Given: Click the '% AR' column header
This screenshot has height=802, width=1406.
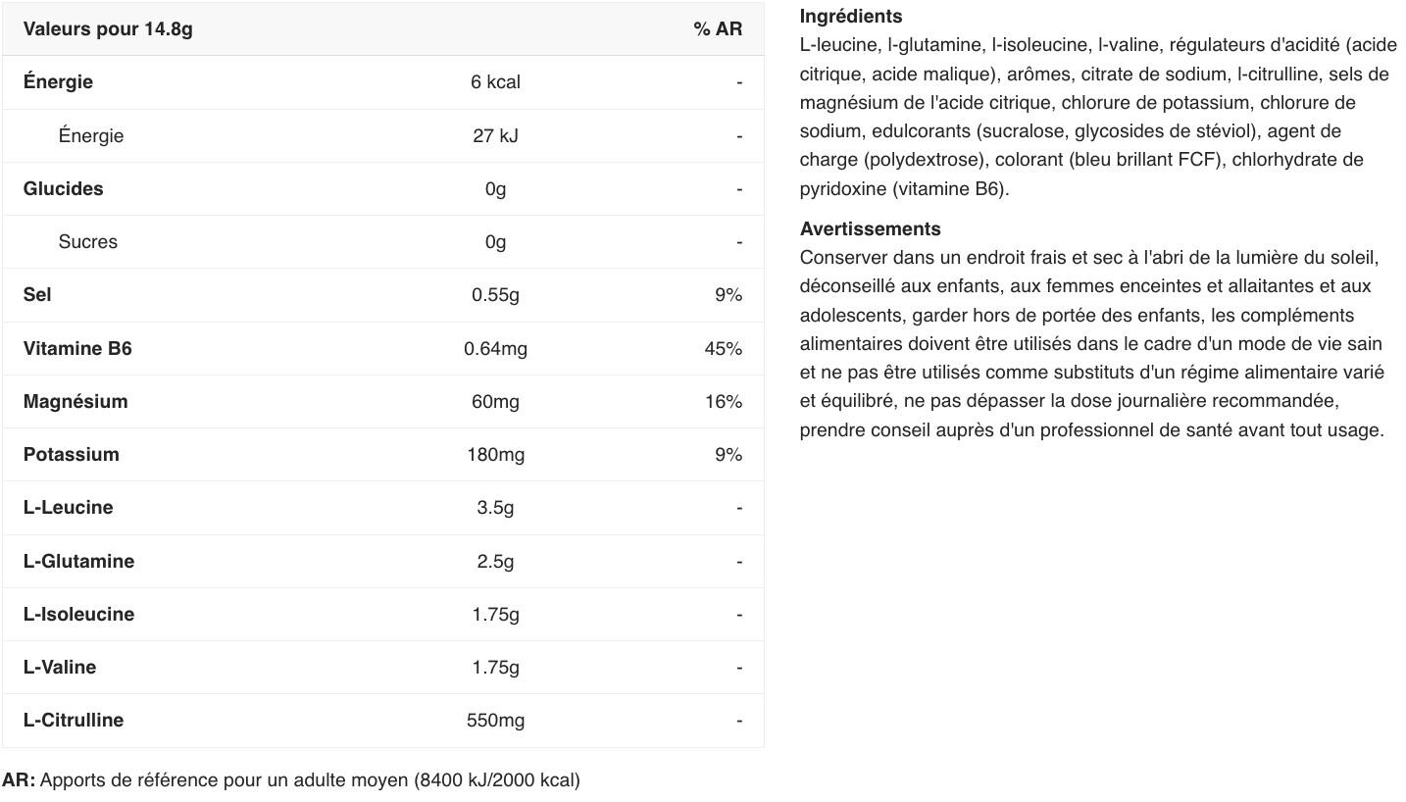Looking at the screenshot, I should pos(718,29).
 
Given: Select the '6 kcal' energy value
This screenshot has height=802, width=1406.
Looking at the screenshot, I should pos(495,82).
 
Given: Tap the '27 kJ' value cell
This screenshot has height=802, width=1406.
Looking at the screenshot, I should pos(495,135).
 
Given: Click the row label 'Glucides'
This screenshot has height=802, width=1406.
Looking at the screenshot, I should pos(63,189).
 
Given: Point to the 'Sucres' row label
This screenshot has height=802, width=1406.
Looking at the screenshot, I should pos(87,242).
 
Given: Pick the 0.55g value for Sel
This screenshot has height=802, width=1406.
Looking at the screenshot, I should pos(495,295).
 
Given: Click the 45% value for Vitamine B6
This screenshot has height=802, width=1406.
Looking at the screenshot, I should pos(723,349).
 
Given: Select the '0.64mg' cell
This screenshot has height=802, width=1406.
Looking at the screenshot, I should pos(495,349).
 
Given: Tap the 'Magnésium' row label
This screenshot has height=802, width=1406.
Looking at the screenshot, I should pos(75,402).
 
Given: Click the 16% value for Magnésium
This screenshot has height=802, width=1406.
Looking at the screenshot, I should pos(723,402).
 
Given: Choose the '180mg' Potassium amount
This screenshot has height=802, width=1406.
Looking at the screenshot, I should pos(495,455).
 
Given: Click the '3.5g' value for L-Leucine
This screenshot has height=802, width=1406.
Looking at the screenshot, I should pos(495,508).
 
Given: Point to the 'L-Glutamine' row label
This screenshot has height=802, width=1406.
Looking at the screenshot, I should pos(78,562).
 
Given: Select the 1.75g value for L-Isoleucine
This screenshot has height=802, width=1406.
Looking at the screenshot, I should pos(495,615).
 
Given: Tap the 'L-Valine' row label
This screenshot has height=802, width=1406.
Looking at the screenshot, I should pos(60,668).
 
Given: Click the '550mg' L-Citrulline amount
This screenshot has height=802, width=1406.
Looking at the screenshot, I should pos(495,721).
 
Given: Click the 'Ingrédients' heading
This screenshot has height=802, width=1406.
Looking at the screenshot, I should pos(850,17).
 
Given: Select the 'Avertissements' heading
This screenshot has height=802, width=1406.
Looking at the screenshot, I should pos(870,229).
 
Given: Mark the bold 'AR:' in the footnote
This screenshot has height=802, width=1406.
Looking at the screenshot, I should pos(19,780).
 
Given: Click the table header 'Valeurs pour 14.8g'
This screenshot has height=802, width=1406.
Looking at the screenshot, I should pos(108,29).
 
